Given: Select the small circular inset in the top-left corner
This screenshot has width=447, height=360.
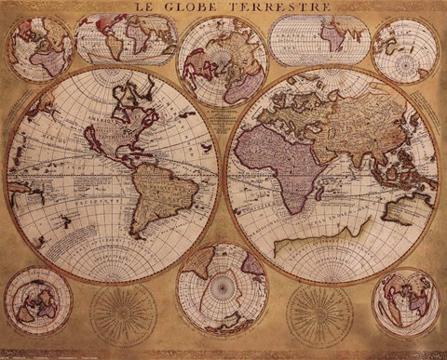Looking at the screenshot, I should pyautogui.click(x=39, y=48).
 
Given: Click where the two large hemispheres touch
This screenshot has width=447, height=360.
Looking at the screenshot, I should pyautogui.click(x=223, y=172).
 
